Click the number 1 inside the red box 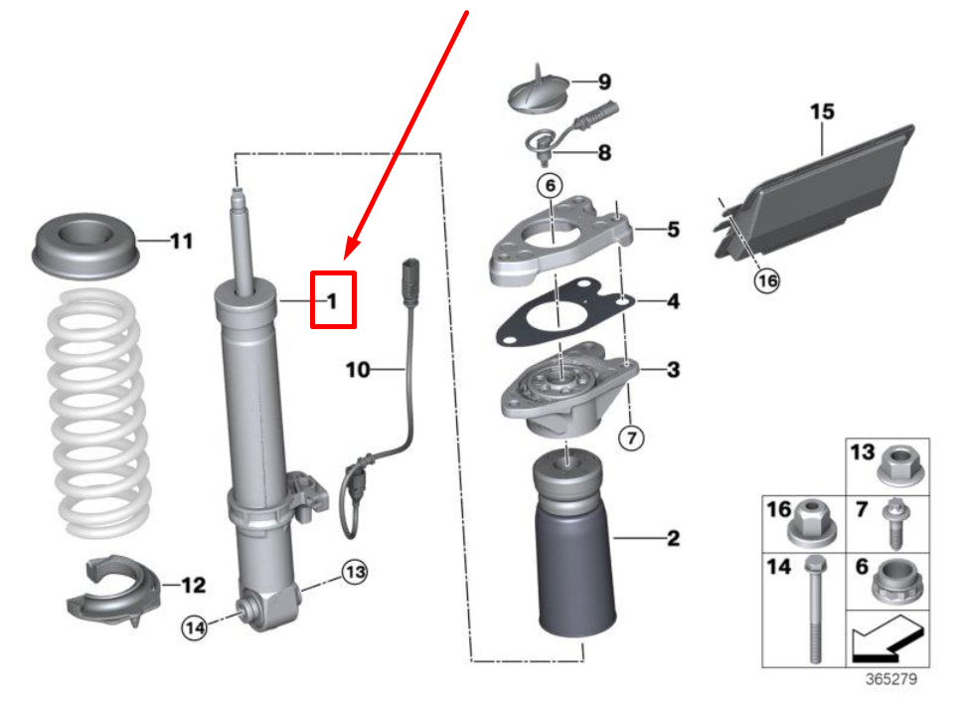[x=333, y=300]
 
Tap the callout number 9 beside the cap [x=605, y=82]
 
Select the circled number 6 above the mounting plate [x=550, y=185]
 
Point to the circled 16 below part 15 [x=766, y=281]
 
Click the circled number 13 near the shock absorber [x=355, y=573]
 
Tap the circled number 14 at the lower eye [x=194, y=628]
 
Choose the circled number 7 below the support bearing [x=631, y=438]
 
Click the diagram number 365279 [x=890, y=679]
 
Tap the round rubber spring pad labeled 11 [x=83, y=246]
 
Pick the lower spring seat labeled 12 [x=113, y=591]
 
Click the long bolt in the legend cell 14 [x=816, y=609]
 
